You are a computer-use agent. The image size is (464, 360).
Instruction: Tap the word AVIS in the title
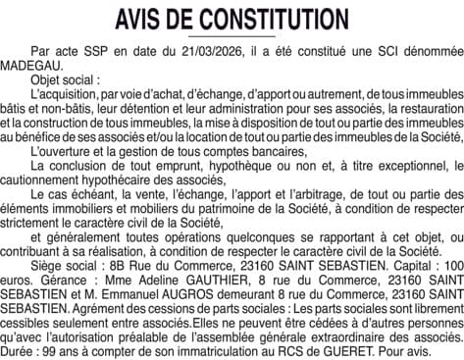[x=142, y=19]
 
